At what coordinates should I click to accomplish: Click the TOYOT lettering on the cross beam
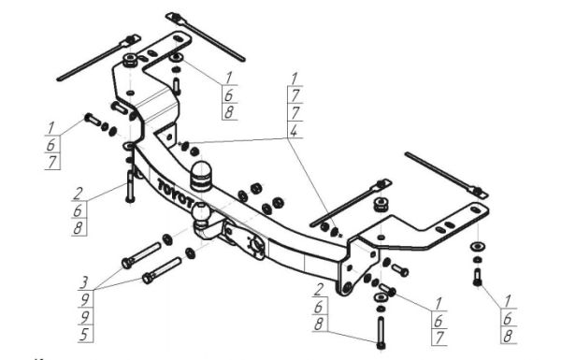click(176, 194)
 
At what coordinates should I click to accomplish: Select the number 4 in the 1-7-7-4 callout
click(294, 131)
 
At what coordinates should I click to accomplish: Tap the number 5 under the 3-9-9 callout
click(85, 334)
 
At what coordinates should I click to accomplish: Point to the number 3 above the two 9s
click(84, 281)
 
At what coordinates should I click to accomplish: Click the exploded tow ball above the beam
click(201, 176)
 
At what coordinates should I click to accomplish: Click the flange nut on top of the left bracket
click(130, 60)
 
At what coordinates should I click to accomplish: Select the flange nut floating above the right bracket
click(381, 205)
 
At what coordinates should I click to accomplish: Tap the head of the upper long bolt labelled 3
click(127, 263)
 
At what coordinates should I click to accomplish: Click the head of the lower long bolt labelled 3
click(148, 278)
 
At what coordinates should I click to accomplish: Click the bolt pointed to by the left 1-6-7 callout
click(93, 119)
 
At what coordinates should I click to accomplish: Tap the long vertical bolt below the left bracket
click(130, 186)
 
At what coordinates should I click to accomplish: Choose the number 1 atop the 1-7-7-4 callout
click(295, 79)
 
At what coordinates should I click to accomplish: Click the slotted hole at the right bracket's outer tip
click(476, 210)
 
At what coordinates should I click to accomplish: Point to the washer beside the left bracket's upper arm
click(176, 57)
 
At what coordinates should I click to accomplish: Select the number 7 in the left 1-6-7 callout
click(52, 162)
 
